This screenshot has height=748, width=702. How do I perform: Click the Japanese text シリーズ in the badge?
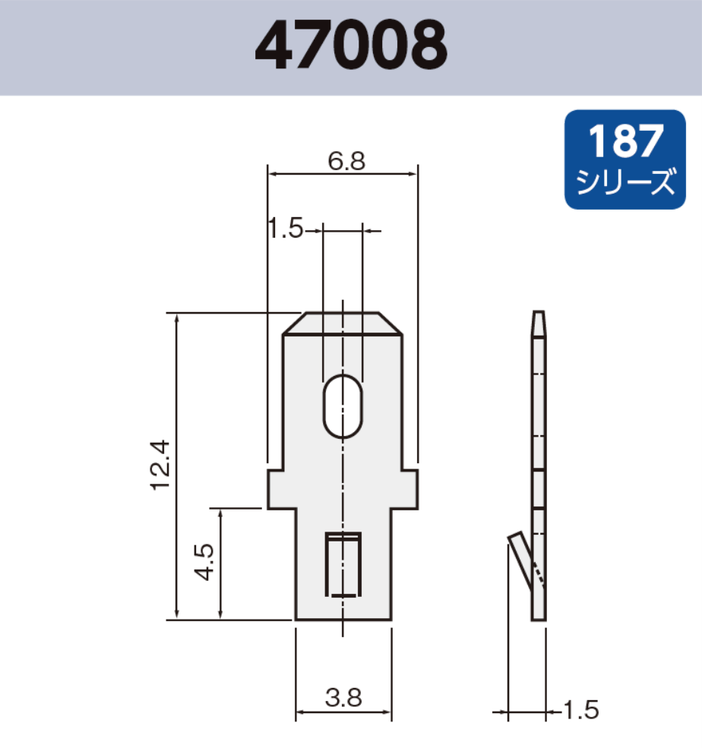click(x=625, y=183)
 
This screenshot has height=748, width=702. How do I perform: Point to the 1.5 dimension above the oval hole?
click(x=285, y=228)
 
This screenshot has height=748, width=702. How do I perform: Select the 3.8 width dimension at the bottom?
click(x=343, y=696)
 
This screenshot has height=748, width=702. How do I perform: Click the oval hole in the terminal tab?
click(x=343, y=406)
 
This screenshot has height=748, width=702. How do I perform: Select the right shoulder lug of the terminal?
click(x=409, y=489)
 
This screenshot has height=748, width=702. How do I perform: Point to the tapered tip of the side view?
click(x=538, y=324)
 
